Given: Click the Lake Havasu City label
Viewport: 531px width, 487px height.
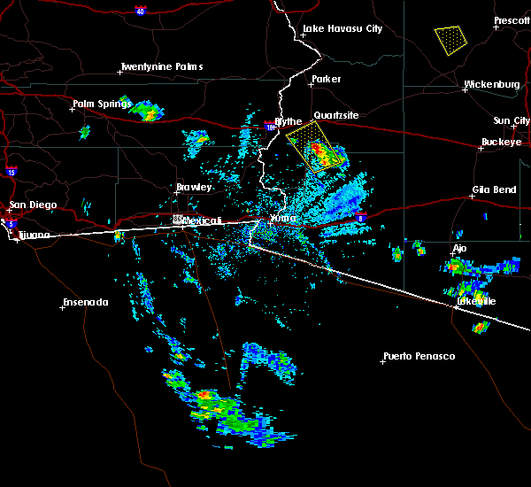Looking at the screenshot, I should coord(342,28).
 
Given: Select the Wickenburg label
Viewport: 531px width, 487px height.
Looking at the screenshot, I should coord(491,85).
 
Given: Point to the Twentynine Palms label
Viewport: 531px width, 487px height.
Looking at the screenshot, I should coord(161,66).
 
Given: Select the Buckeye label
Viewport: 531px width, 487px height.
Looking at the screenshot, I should coord(501,142).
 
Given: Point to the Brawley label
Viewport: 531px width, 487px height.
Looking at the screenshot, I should coord(194,188).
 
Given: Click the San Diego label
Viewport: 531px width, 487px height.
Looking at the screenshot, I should coord(33,205).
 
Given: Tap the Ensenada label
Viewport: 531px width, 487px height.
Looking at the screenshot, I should coord(85,303).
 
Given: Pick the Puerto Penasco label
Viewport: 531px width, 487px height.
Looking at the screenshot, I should coord(419,356).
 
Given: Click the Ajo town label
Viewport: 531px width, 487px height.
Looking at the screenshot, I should coord(458,248).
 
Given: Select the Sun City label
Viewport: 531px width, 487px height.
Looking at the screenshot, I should coord(511,120).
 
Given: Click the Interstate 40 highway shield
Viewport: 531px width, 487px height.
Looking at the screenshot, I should coord(141,11).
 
